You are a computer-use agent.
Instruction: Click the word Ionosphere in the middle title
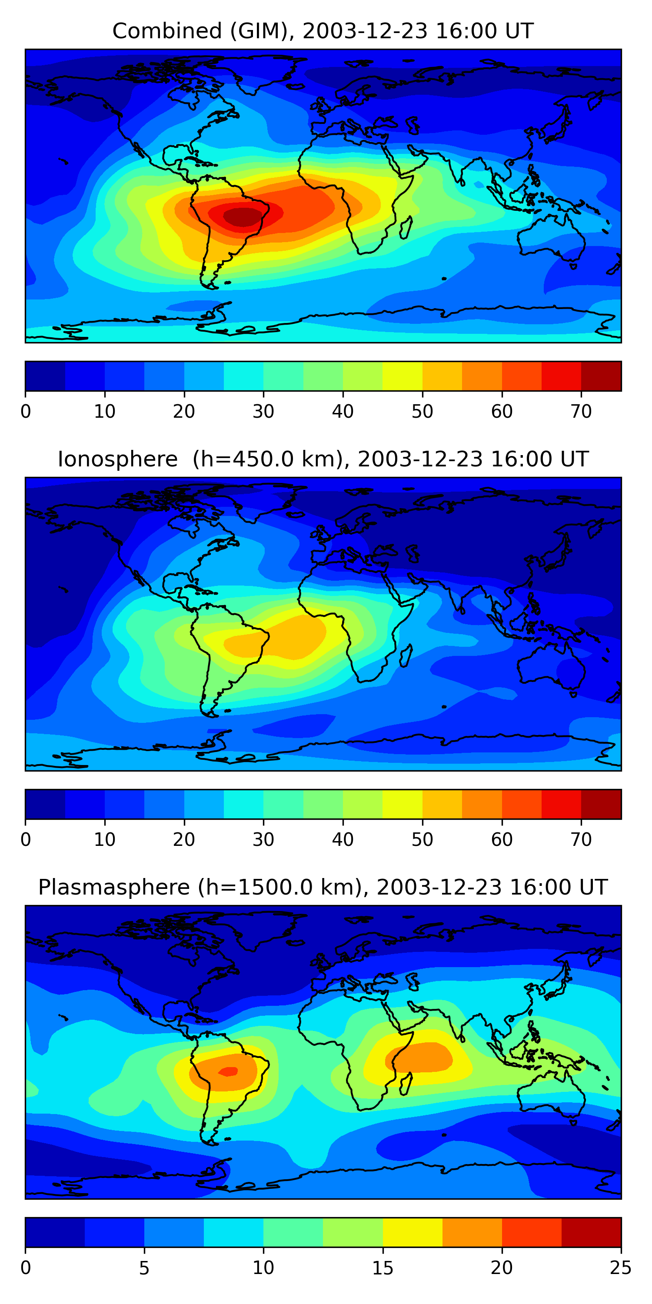(x=117, y=459)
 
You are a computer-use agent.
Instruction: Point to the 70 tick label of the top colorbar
(x=581, y=412)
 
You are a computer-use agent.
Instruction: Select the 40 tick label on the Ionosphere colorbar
(x=343, y=840)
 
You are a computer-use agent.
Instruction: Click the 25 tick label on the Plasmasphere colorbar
(x=620, y=1267)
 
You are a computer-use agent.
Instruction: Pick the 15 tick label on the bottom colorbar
(x=382, y=1267)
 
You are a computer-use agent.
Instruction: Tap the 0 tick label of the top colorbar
(x=26, y=412)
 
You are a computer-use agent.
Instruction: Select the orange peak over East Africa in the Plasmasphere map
(x=420, y=1058)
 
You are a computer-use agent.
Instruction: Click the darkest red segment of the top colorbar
(x=601, y=376)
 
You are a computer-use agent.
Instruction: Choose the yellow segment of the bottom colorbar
(x=412, y=1232)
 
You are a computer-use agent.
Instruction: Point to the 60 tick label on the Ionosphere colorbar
(x=501, y=840)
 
